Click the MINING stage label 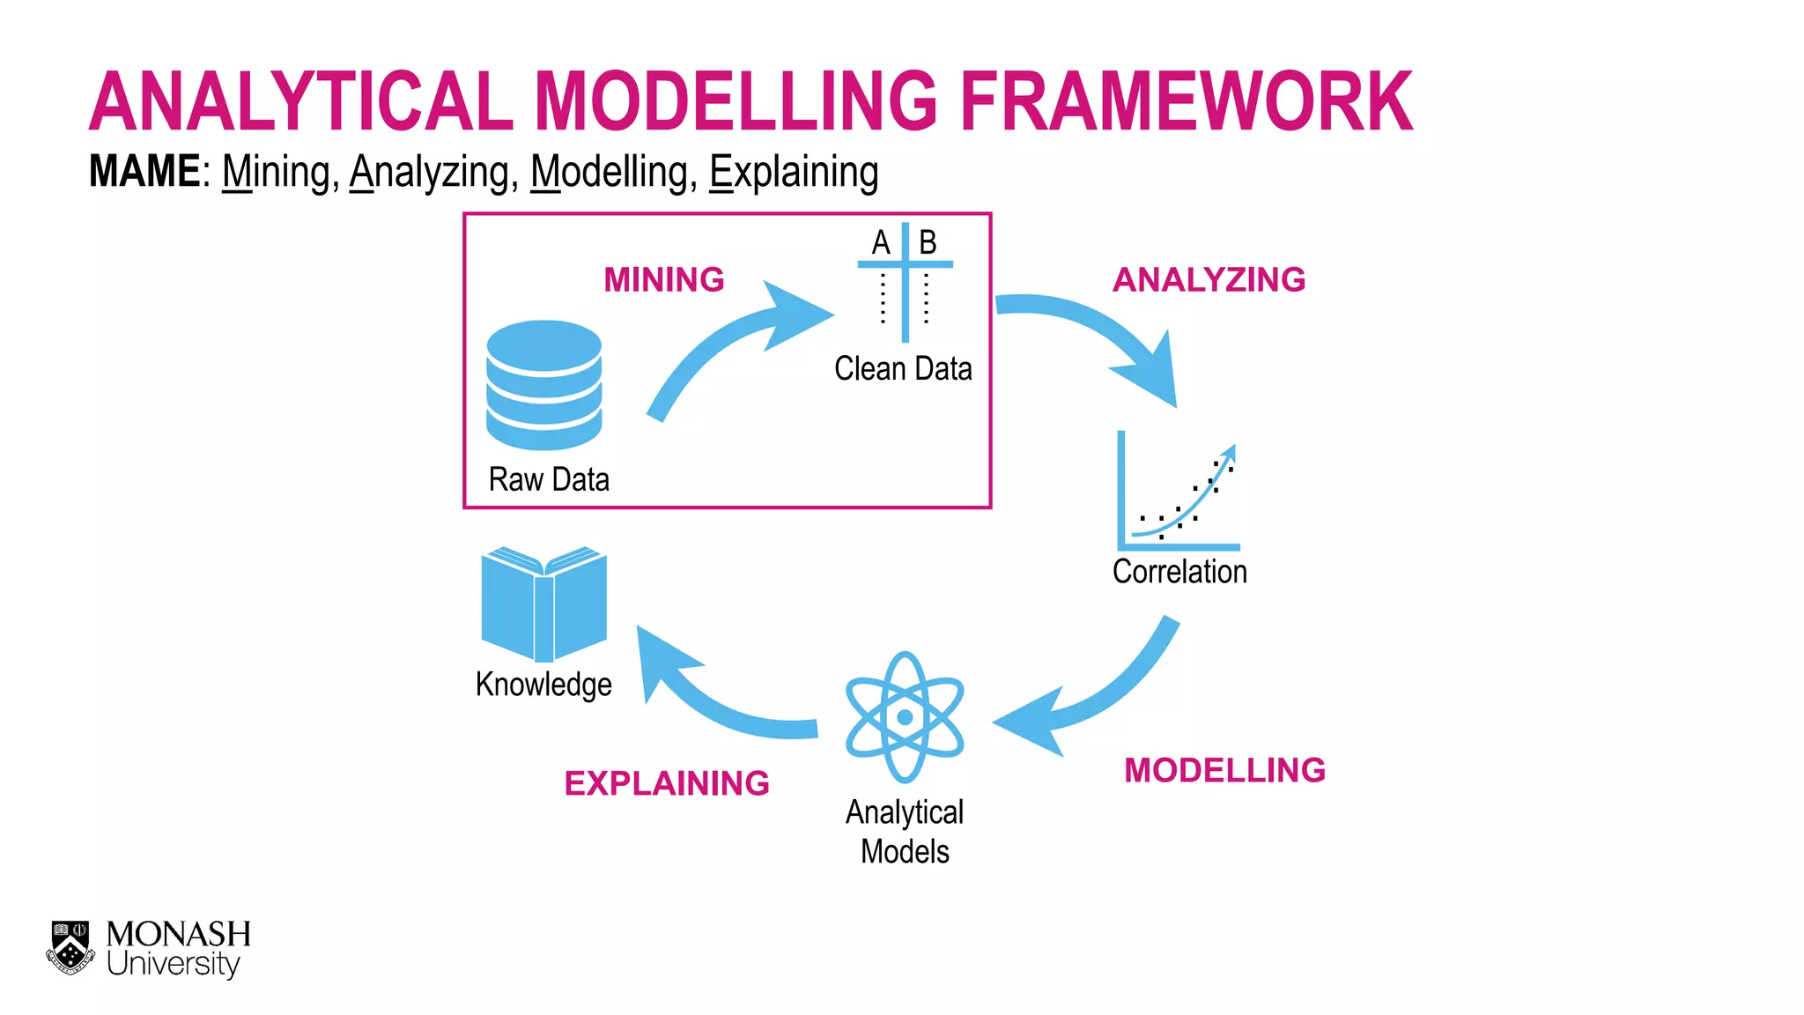pyautogui.click(x=664, y=280)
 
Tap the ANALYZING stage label pyautogui.click(x=1209, y=280)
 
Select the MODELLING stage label pyautogui.click(x=1224, y=771)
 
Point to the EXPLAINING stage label pyautogui.click(x=667, y=783)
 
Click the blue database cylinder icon pyautogui.click(x=544, y=385)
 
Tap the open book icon pyautogui.click(x=544, y=604)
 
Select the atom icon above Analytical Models pyautogui.click(x=905, y=717)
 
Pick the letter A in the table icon pyautogui.click(x=881, y=242)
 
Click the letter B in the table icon pyautogui.click(x=928, y=242)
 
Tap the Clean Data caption pyautogui.click(x=903, y=368)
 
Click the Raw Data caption pyautogui.click(x=549, y=480)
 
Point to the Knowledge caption pyautogui.click(x=543, y=685)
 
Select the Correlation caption pyautogui.click(x=1179, y=572)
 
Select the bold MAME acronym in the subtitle pyautogui.click(x=144, y=171)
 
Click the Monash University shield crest pyautogui.click(x=70, y=947)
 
